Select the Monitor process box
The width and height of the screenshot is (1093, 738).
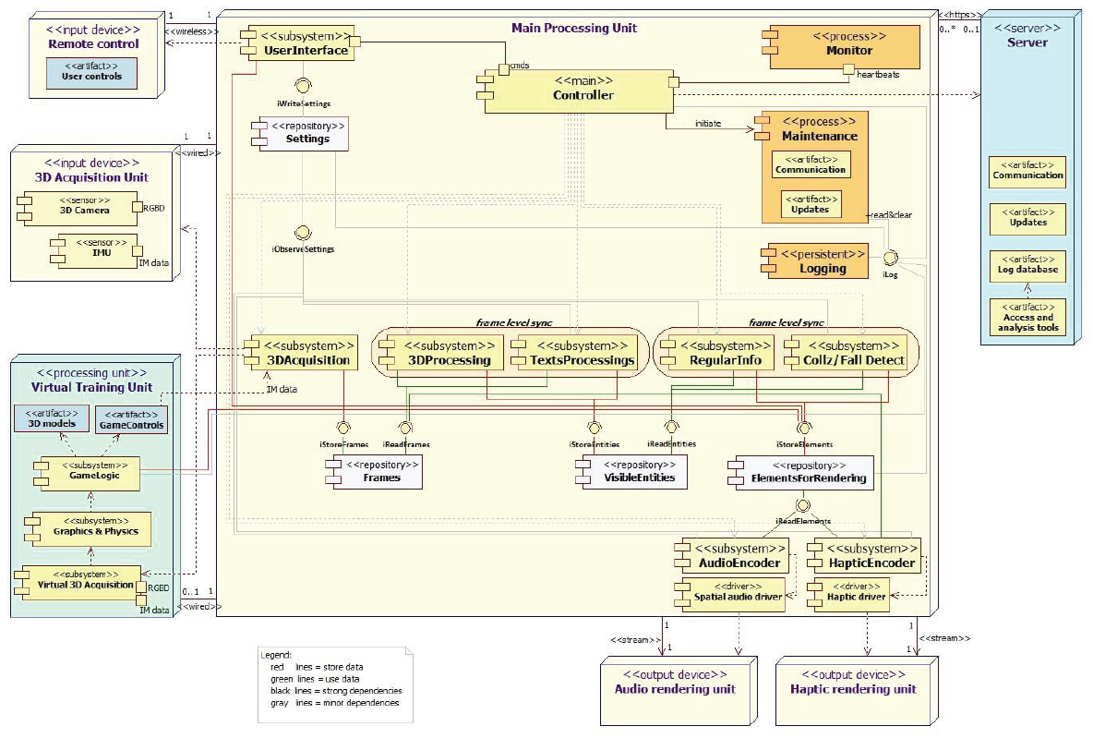tap(842, 46)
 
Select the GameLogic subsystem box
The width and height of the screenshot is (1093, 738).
tap(87, 475)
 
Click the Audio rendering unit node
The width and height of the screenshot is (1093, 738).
tap(675, 684)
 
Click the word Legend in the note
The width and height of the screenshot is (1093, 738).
tap(278, 654)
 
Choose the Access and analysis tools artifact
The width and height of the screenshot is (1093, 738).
tap(1027, 318)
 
